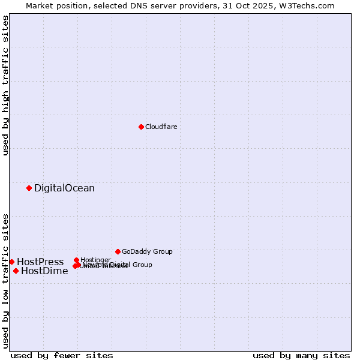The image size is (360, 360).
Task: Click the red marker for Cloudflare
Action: (x=141, y=127)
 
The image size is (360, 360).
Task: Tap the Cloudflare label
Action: (x=161, y=127)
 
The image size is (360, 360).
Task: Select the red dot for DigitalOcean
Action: (x=29, y=188)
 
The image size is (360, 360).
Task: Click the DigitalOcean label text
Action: (x=64, y=188)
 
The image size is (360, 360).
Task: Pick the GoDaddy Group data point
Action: (x=118, y=251)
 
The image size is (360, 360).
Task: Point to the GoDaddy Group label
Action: (x=147, y=251)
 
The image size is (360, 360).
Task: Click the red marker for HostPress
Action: (x=11, y=262)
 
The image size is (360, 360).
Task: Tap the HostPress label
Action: (x=40, y=262)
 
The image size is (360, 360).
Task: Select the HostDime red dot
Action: (x=16, y=271)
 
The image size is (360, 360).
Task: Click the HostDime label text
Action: (x=44, y=271)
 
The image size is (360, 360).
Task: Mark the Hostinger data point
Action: (x=76, y=260)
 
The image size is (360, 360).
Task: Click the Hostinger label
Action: (x=95, y=260)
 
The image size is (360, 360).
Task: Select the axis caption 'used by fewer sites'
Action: (x=62, y=355)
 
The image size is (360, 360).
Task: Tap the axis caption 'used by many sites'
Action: (x=301, y=355)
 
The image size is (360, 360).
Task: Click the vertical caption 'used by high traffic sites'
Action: (x=5, y=85)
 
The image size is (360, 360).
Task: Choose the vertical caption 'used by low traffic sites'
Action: (x=5, y=280)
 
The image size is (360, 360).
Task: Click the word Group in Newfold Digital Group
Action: (x=142, y=265)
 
